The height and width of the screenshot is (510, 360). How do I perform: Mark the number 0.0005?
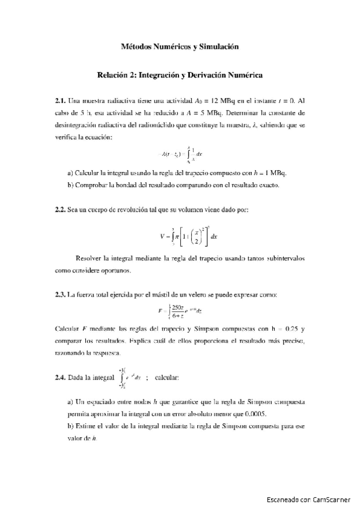pyautogui.click(x=254, y=415)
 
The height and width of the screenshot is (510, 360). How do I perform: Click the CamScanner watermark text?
pyautogui.click(x=311, y=499)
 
